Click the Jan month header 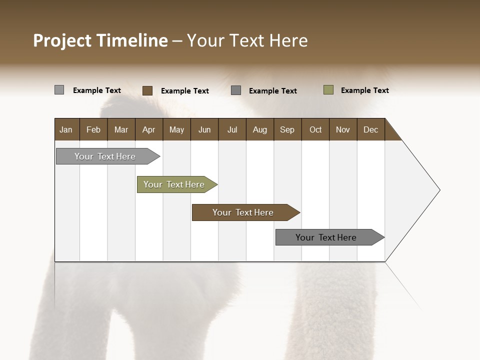point(66,129)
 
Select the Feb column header point(93,129)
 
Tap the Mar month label point(121,129)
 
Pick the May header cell point(176,129)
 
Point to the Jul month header point(232,129)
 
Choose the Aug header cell point(259,129)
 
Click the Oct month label point(315,129)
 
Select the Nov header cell point(343,129)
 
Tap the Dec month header point(370,129)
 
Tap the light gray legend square point(59,90)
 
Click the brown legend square point(147,90)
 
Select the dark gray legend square point(236,90)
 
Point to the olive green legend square point(328,90)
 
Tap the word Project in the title point(62,40)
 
